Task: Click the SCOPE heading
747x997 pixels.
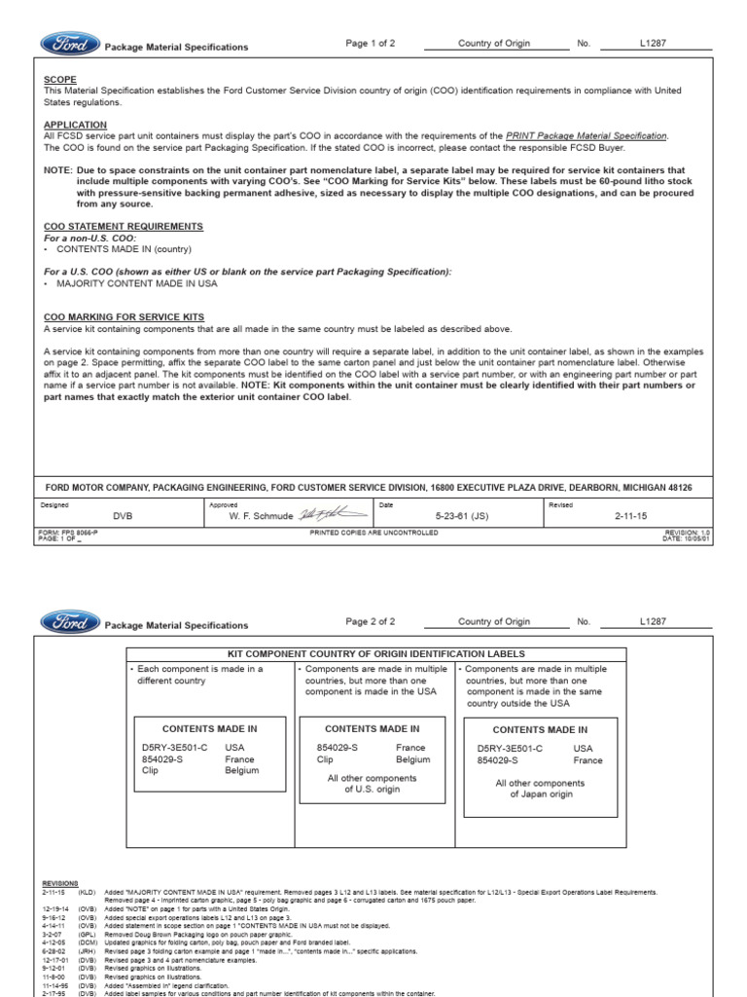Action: coord(60,79)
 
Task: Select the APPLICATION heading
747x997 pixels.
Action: coord(76,125)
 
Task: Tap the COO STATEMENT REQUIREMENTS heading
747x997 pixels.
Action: coord(124,226)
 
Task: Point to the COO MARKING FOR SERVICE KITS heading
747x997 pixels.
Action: coord(124,317)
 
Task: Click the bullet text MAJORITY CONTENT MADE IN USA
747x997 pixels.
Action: coord(137,283)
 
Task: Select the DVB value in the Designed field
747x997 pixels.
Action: coord(123,515)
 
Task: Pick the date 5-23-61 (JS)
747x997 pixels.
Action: coord(460,515)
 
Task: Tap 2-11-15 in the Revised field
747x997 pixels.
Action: coord(630,515)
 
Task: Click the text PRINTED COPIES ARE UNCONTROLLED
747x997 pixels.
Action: coord(373,533)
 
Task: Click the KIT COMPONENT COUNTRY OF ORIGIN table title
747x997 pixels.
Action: coord(375,654)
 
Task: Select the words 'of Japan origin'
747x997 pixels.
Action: coord(540,794)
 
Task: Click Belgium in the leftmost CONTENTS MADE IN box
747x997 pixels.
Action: coord(242,770)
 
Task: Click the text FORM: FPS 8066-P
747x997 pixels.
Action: coord(67,533)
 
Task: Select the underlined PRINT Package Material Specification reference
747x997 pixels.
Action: coord(587,136)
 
